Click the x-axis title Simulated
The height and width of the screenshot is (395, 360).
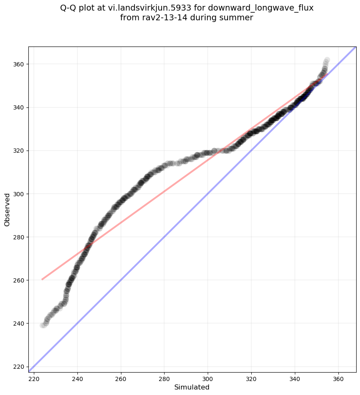[192, 387]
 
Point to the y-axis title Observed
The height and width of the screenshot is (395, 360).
[7, 209]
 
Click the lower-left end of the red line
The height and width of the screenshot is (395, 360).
[42, 280]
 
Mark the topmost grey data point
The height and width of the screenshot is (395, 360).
[327, 60]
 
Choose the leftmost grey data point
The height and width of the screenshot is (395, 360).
[43, 325]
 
